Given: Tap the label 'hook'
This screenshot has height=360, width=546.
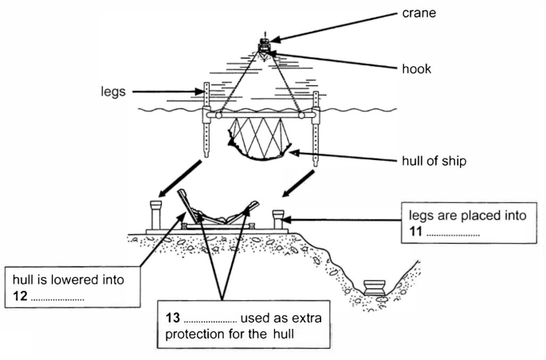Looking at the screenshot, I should click(417, 69).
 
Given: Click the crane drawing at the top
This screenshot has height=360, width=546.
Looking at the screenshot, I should click(264, 46).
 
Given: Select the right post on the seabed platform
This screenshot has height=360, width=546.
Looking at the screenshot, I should click(279, 216).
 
